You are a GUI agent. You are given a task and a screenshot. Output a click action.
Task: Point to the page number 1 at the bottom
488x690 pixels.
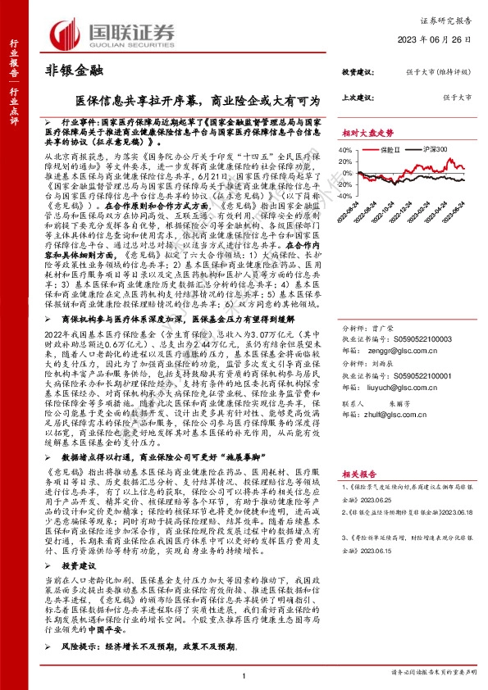(244, 674)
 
